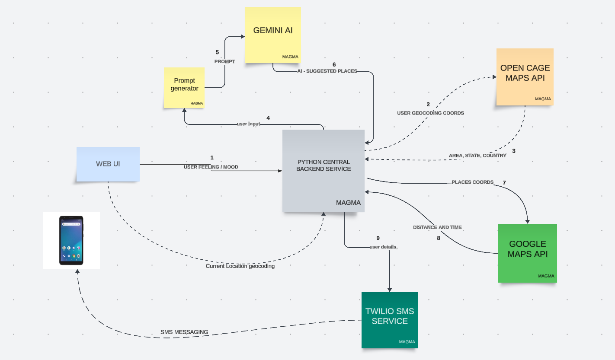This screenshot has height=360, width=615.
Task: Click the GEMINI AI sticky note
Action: (x=272, y=35)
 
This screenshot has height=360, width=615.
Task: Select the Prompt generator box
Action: (x=184, y=88)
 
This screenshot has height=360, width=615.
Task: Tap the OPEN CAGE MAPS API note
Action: (x=525, y=76)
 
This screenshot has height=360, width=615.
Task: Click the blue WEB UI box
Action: (x=108, y=164)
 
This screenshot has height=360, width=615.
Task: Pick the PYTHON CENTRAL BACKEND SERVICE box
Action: (x=324, y=171)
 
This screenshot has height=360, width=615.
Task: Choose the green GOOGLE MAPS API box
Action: (x=527, y=253)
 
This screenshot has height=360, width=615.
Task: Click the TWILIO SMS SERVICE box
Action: (x=389, y=320)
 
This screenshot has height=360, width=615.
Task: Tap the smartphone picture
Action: (x=71, y=240)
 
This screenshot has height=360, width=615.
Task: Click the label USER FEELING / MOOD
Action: (x=211, y=167)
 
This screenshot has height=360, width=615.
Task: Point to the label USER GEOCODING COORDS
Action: (x=430, y=113)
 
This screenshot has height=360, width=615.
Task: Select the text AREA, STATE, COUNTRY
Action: (x=477, y=156)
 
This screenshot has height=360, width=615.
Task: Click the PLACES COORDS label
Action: (x=472, y=182)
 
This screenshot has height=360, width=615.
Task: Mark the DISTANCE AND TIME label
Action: (x=437, y=227)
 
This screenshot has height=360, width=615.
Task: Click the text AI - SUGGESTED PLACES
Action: (x=327, y=71)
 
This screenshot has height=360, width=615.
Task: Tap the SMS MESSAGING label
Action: (x=184, y=332)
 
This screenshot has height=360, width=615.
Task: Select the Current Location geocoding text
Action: (x=240, y=266)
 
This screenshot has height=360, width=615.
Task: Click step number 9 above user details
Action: (x=378, y=238)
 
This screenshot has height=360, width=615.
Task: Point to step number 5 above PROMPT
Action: (x=217, y=52)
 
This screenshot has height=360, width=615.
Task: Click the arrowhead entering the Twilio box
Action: (x=390, y=290)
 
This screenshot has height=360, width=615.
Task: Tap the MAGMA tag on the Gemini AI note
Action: (x=290, y=57)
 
